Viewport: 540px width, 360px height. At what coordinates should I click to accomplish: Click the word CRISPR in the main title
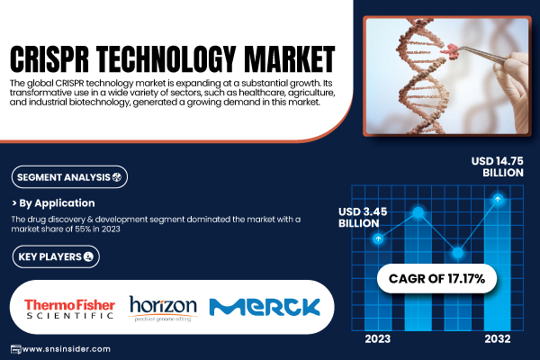[49, 58]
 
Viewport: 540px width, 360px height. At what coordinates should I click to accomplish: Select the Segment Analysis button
[69, 177]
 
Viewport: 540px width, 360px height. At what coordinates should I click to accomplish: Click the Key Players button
[56, 256]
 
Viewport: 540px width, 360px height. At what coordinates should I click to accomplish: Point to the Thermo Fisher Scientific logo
[69, 309]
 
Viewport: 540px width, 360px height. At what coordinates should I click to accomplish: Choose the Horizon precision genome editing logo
[163, 309]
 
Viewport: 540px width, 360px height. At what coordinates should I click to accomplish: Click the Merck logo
[265, 307]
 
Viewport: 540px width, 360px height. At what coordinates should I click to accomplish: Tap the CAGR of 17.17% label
[436, 279]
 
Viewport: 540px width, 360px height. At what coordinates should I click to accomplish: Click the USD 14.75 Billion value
[498, 166]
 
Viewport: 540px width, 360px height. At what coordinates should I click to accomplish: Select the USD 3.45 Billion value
[363, 218]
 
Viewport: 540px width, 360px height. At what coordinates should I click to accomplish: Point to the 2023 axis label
[378, 339]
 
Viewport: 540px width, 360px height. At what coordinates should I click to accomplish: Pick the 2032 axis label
[498, 339]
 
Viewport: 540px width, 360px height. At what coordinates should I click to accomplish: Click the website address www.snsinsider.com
[66, 349]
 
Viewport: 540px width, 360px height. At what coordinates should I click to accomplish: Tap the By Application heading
[57, 202]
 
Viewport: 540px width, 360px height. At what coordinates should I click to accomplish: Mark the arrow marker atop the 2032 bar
[498, 199]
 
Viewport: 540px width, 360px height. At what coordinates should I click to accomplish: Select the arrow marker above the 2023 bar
[378, 238]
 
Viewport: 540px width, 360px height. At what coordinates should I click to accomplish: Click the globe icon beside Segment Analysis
[117, 177]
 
